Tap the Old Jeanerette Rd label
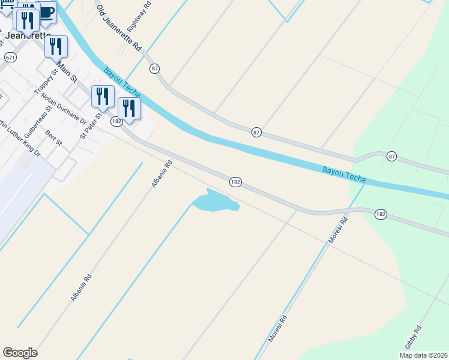click(x=118, y=28)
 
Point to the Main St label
click(x=67, y=70)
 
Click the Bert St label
click(x=54, y=137)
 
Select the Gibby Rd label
click(x=413, y=337)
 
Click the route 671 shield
click(x=10, y=57)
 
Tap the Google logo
click(x=20, y=353)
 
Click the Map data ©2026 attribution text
click(x=423, y=355)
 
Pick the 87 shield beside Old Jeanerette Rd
click(x=155, y=68)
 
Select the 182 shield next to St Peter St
click(x=116, y=121)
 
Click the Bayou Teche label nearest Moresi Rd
click(x=345, y=175)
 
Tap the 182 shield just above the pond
click(x=236, y=181)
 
